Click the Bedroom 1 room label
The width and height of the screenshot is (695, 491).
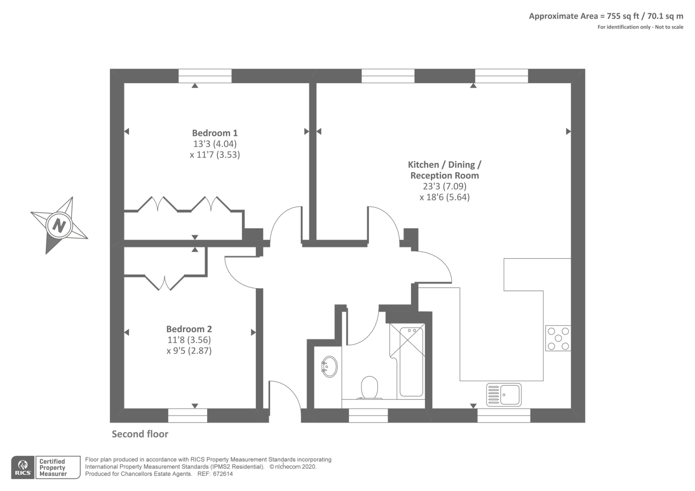click(x=215, y=133)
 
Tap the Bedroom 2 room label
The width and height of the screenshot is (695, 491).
click(x=189, y=329)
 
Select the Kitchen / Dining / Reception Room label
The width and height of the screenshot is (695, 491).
click(x=444, y=170)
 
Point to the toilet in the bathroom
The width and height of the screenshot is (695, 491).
click(x=369, y=387)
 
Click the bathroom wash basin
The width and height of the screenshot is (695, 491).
click(x=329, y=367)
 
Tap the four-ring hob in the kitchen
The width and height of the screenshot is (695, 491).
click(x=558, y=338)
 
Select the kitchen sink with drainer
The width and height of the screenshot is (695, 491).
click(x=504, y=394)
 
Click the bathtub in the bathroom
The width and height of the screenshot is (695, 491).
click(x=411, y=362)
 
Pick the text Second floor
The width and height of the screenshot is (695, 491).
click(x=140, y=434)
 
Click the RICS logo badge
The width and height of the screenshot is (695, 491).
click(x=23, y=467)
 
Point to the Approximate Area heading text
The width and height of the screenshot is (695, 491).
click(x=606, y=17)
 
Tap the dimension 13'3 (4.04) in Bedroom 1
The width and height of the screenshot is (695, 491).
click(x=215, y=144)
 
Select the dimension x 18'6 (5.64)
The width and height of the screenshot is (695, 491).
click(x=444, y=197)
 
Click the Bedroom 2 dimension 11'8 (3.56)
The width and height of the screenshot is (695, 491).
click(x=189, y=340)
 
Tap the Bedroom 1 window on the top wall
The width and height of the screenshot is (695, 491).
click(x=205, y=76)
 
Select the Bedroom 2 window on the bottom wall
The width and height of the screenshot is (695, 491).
click(x=188, y=415)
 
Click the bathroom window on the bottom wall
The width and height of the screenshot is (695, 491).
click(x=368, y=415)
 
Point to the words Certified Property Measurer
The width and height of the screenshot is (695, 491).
click(x=53, y=468)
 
